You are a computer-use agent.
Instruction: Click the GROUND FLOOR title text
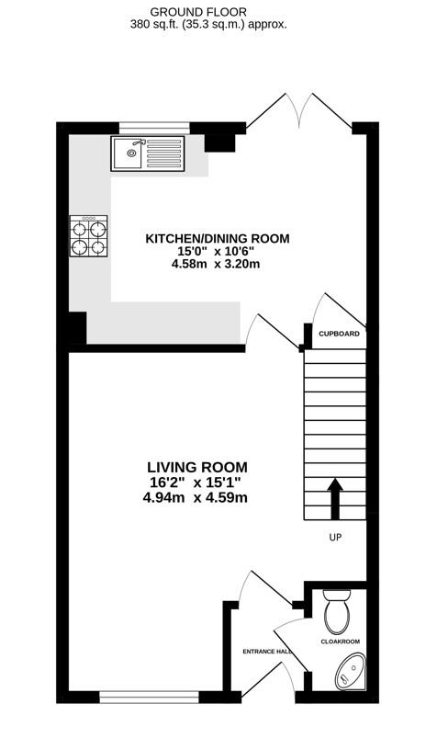218,12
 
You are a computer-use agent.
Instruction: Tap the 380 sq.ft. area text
218,25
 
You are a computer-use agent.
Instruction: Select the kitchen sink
147,153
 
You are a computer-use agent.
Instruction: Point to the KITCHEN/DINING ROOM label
218,239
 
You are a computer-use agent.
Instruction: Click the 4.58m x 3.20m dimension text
218,265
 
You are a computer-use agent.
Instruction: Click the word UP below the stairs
335,539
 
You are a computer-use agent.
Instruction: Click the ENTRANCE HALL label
267,652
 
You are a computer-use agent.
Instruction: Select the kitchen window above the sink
154,127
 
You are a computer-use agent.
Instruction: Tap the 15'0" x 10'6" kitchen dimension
218,252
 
